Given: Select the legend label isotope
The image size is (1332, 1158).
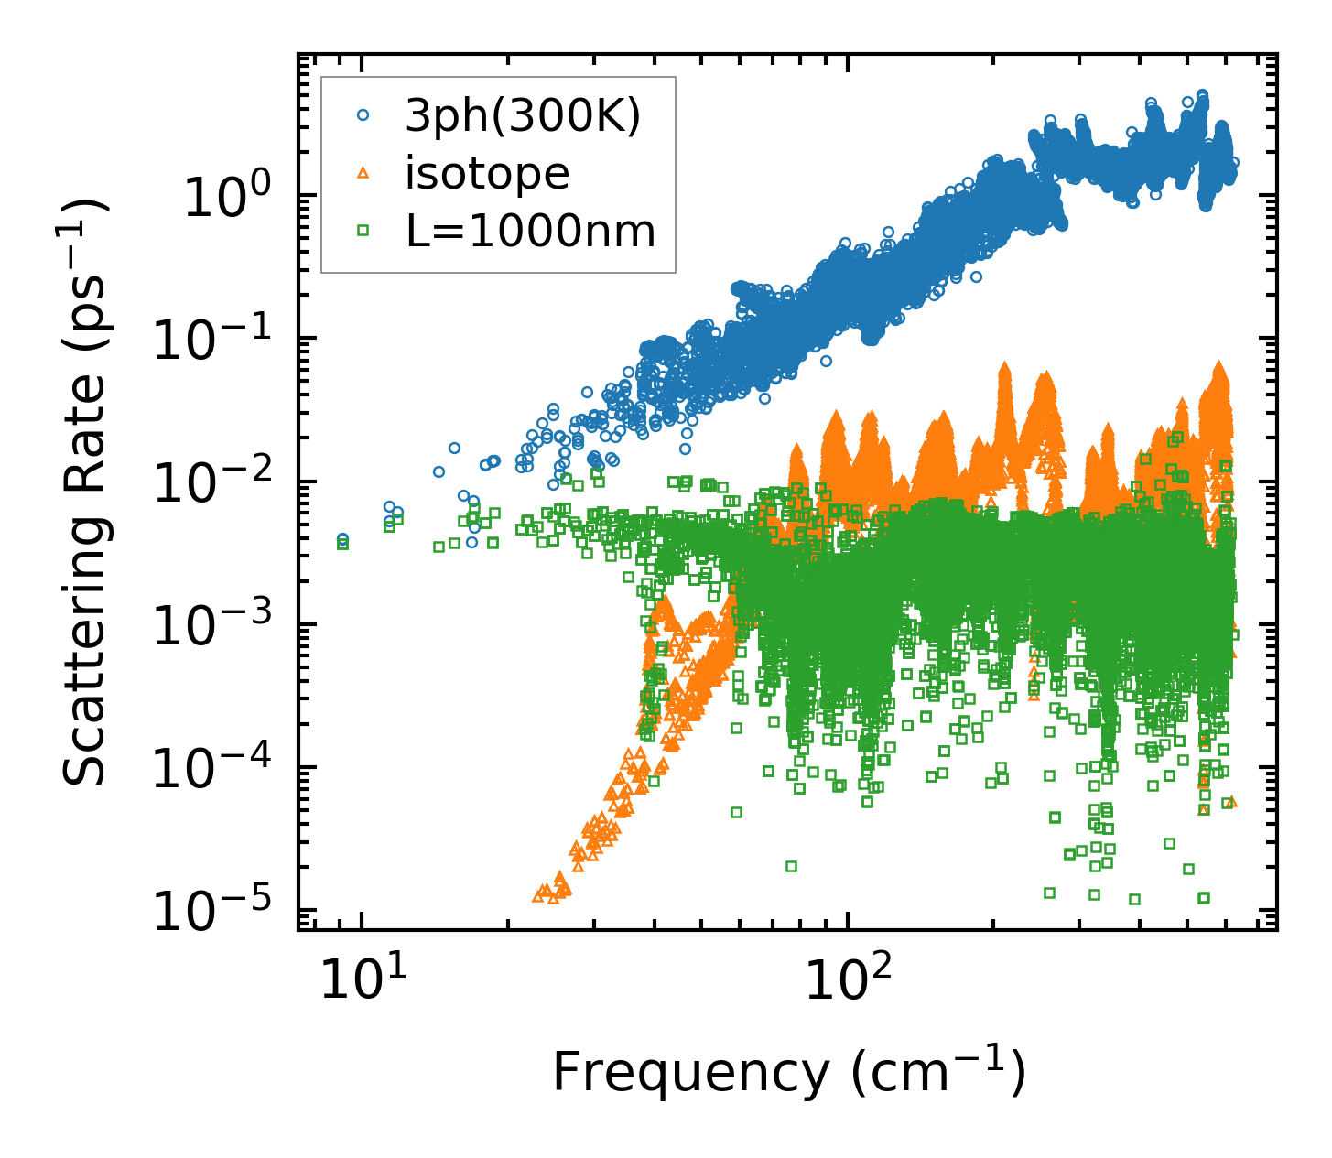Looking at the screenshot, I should click(487, 173).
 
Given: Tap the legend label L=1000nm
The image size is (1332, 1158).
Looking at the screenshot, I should click(531, 232).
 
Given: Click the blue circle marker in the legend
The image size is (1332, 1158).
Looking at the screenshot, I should click(363, 115).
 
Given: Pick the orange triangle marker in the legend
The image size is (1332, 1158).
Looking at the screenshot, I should click(363, 173).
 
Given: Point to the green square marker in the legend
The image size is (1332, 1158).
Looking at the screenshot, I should click(363, 232).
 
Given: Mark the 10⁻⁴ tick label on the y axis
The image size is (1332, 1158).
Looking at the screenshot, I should click(213, 770).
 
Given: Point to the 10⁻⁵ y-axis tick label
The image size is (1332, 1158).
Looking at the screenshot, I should click(213, 913).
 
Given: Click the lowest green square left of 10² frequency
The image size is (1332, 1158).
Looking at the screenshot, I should click(791, 866).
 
